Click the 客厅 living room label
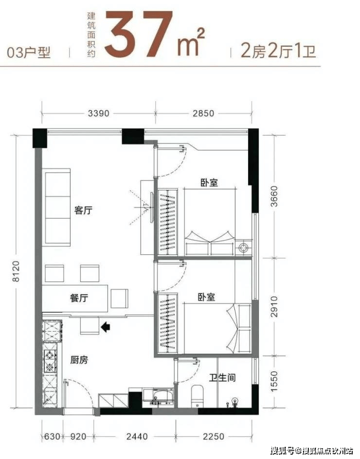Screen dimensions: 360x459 pyautogui.click(x=84, y=210)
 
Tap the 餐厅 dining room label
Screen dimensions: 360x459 pyautogui.click(x=79, y=298)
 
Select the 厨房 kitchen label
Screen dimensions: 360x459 pyautogui.click(x=79, y=360)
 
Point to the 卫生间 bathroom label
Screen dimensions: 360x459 pyautogui.click(x=222, y=377)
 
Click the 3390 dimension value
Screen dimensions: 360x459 pyautogui.click(x=99, y=113)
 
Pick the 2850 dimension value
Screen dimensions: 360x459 pyautogui.click(x=203, y=113)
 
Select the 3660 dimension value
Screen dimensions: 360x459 pyautogui.click(x=274, y=196)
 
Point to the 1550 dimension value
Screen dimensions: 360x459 pyautogui.click(x=274, y=381)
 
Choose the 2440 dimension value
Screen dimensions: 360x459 pyautogui.click(x=137, y=437)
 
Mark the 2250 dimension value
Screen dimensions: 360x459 pyautogui.click(x=214, y=437)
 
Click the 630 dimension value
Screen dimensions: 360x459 pyautogui.click(x=52, y=437)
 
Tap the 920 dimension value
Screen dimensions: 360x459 pyautogui.click(x=78, y=437)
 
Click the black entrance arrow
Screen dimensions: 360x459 pyautogui.click(x=105, y=327)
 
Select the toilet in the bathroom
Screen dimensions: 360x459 pyautogui.click(x=197, y=396)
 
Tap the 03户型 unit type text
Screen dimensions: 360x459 pyautogui.click(x=29, y=53)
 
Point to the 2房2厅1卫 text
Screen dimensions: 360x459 pyautogui.click(x=278, y=51)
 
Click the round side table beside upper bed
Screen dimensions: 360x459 pyautogui.click(x=243, y=248)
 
